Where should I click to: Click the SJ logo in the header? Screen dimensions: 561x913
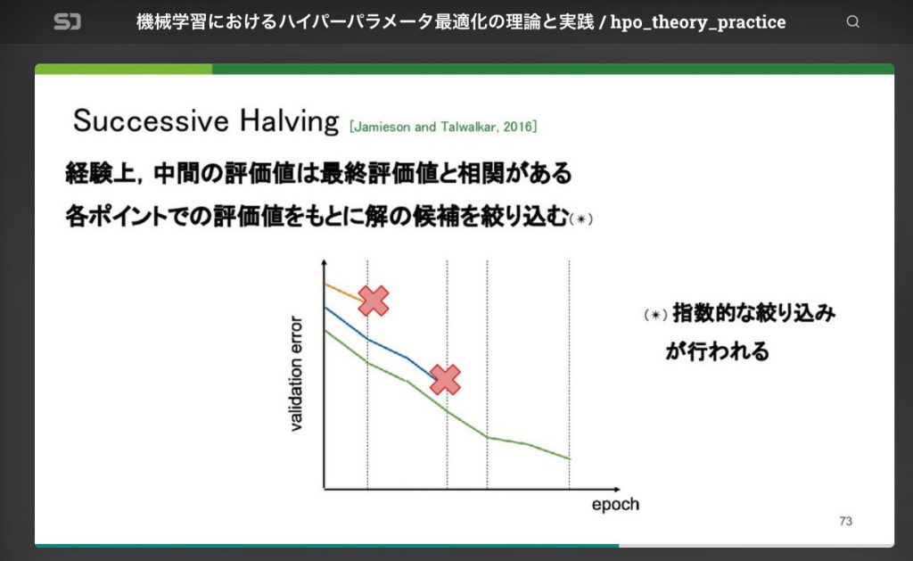point(68,21)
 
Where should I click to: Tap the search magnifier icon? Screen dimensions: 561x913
point(853,22)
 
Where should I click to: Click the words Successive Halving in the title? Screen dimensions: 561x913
point(206,120)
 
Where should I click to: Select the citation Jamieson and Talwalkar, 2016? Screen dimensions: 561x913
point(443,127)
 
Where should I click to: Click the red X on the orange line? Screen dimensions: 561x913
point(374,301)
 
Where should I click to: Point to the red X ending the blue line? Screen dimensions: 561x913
point(444,379)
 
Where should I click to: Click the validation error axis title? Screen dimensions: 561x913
point(299,374)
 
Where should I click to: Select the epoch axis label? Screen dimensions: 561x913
point(615,505)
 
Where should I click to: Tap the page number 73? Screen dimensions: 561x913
point(845,521)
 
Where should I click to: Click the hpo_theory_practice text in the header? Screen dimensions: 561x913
point(698,22)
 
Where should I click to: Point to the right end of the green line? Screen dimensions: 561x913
point(568,458)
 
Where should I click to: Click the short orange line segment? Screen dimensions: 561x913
point(341,289)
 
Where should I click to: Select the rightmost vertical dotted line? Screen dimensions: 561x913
point(569,375)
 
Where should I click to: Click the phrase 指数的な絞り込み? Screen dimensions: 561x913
point(753,314)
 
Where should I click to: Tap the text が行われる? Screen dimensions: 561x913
point(716,351)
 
